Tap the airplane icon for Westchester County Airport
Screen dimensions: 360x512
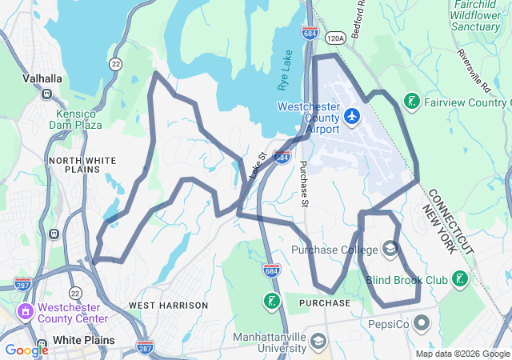pyautogui.click(x=351, y=117)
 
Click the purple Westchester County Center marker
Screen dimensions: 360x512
pyautogui.click(x=26, y=310)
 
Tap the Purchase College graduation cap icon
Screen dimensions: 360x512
pyautogui.click(x=390, y=249)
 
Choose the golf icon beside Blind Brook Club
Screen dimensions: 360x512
pyautogui.click(x=459, y=279)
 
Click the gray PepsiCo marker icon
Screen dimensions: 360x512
pyautogui.click(x=423, y=324)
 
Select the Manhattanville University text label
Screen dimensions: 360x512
pyautogui.click(x=270, y=342)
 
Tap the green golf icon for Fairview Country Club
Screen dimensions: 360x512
pyautogui.click(x=411, y=102)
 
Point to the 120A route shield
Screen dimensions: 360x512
pyautogui.click(x=336, y=37)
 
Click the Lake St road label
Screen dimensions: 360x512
pyautogui.click(x=256, y=166)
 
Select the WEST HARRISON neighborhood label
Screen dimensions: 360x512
pyautogui.click(x=168, y=305)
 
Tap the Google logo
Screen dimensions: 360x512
pyautogui.click(x=26, y=350)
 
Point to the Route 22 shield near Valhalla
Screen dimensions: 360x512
pyautogui.click(x=117, y=62)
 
